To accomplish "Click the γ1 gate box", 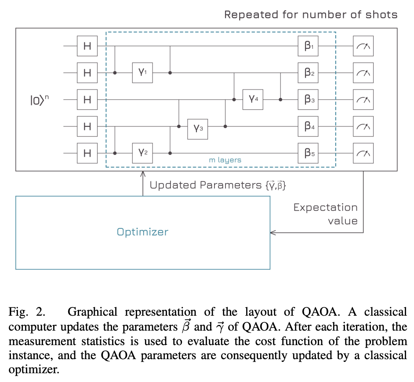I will [x=143, y=72].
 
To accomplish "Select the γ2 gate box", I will [x=143, y=153].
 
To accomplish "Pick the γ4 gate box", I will [x=254, y=99].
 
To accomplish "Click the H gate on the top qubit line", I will [x=87, y=46].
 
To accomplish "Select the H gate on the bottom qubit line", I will [x=87, y=153].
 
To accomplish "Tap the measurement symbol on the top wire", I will [x=363, y=46].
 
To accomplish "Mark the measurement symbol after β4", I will [x=363, y=126].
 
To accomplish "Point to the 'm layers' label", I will [x=225, y=160].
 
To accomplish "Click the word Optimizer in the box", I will [x=142, y=232].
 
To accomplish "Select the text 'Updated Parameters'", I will [x=205, y=185].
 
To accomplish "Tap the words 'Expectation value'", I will [x=326, y=214].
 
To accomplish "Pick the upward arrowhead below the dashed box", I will [x=142, y=174].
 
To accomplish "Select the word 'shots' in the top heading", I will [x=381, y=14].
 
